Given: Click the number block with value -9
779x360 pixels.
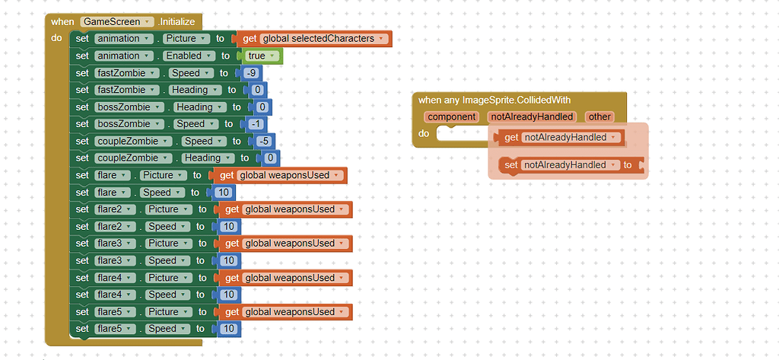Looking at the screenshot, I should tap(252, 73).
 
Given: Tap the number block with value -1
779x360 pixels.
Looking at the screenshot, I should tap(257, 124).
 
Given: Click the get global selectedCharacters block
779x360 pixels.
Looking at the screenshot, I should tap(316, 39).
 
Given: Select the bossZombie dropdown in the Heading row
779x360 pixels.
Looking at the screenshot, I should tap(129, 107).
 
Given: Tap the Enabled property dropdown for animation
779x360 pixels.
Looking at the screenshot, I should tap(187, 56).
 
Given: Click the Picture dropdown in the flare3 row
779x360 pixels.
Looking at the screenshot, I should tap(166, 244).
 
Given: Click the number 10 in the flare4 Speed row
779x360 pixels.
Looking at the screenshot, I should tap(227, 295).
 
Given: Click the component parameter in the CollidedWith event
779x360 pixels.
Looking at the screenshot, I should tap(452, 116).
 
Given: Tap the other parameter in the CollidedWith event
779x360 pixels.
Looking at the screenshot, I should tap(599, 116).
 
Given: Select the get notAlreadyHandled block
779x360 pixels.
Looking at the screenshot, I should tap(560, 138).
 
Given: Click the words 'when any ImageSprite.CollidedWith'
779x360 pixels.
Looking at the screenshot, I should tap(494, 100).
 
